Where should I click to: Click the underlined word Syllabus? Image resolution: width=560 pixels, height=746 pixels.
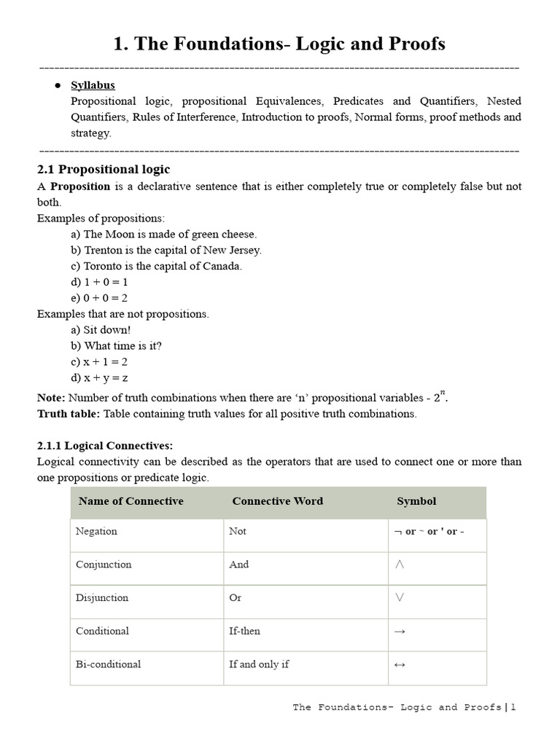click(93, 85)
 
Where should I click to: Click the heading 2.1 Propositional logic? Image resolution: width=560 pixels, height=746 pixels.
click(104, 169)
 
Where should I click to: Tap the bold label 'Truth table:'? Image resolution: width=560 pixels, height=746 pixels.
click(69, 414)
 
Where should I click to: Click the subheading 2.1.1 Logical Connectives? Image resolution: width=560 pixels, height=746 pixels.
click(105, 445)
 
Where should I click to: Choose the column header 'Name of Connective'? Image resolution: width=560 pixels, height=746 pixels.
click(131, 501)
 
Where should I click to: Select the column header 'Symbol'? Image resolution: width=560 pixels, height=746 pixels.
click(416, 501)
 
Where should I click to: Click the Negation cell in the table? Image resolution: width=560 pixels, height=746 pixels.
click(96, 531)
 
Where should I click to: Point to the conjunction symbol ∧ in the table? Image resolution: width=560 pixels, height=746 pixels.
click(399, 565)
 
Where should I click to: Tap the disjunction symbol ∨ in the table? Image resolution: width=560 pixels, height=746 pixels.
click(399, 597)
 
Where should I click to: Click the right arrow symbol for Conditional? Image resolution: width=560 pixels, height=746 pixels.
click(399, 632)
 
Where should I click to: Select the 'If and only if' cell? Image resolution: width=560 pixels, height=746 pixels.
click(259, 664)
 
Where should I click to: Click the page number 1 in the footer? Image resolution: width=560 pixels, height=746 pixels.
click(513, 707)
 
